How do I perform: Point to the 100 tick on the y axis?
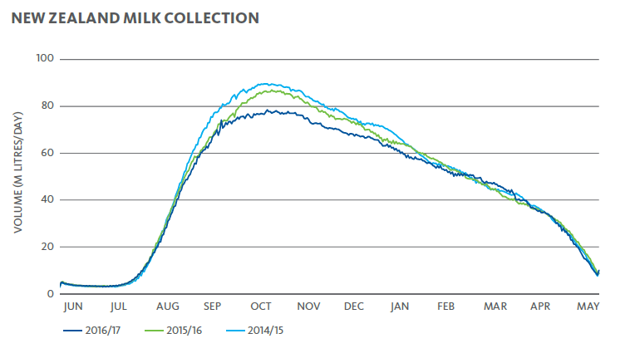(x=45, y=59)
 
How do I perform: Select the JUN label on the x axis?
(x=73, y=307)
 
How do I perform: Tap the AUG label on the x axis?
(x=167, y=307)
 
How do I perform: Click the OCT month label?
(x=261, y=307)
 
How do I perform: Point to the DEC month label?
(x=354, y=307)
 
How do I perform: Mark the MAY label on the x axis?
(x=588, y=307)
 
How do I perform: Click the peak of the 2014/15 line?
(x=264, y=83)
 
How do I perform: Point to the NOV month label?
(x=308, y=307)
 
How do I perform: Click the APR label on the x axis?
(x=541, y=307)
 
